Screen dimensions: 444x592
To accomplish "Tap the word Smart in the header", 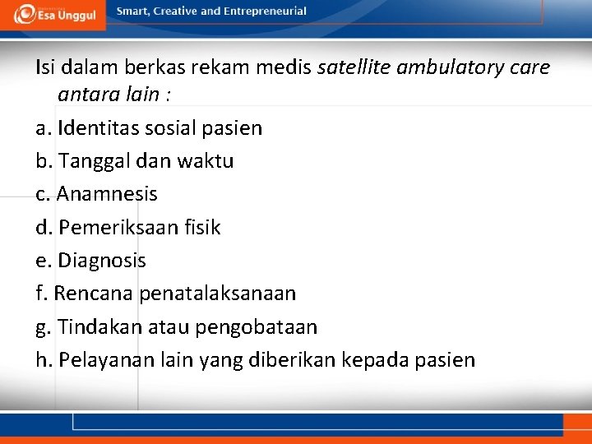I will coord(134,12).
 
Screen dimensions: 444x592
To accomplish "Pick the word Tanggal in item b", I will coord(90,161).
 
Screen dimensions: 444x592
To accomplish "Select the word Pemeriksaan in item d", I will coord(117,228).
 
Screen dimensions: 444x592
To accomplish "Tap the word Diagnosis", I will coord(102,261).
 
